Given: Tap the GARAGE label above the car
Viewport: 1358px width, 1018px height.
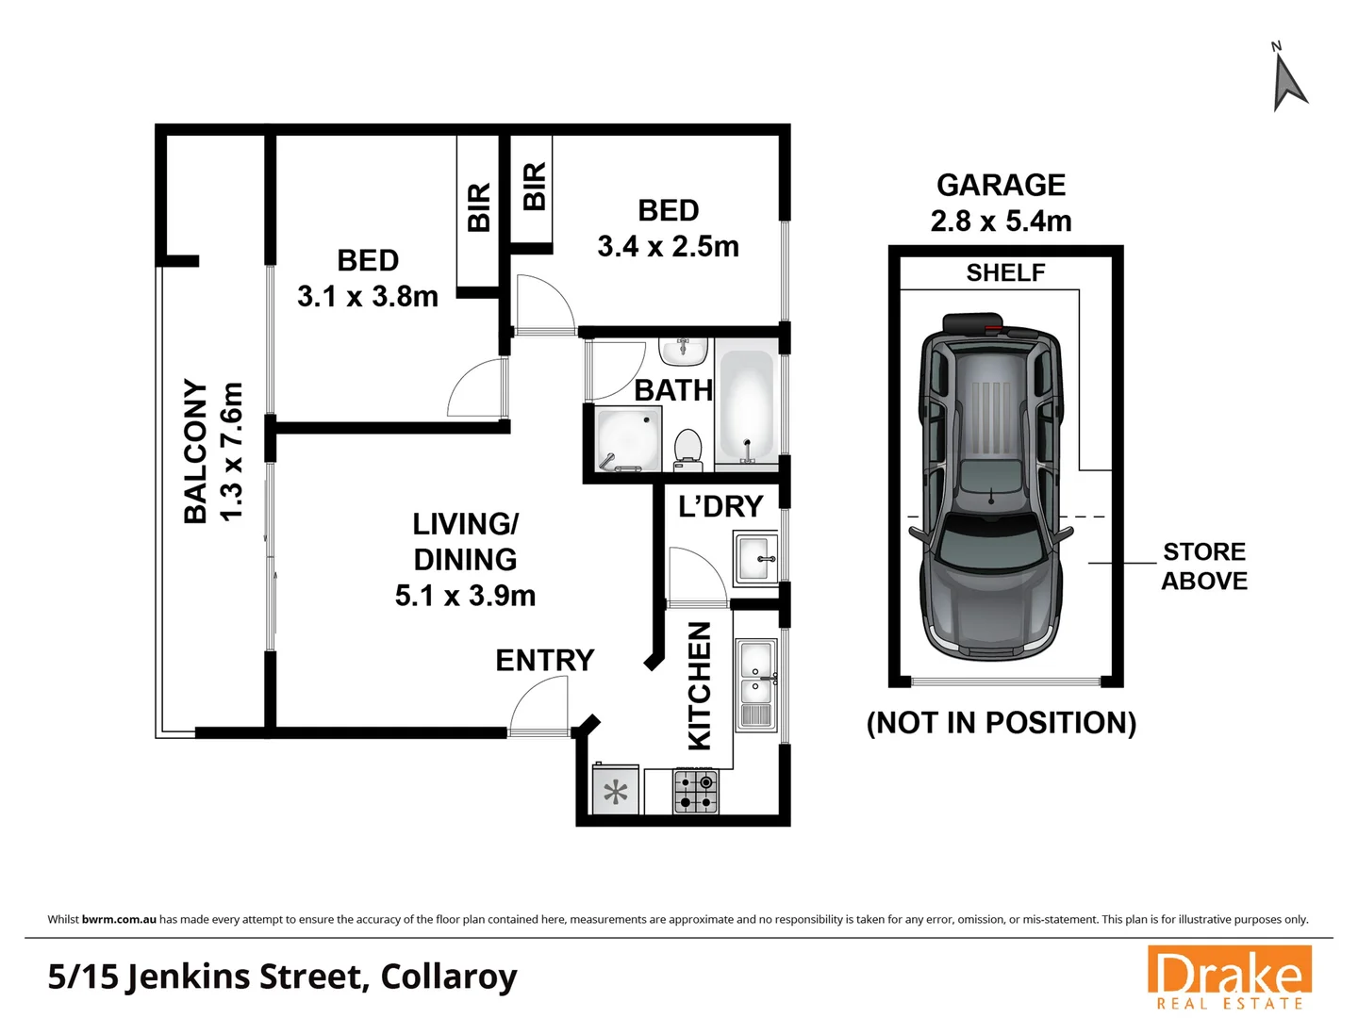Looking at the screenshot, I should tap(1001, 185).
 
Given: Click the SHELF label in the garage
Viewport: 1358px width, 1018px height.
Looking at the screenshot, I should tap(1005, 272).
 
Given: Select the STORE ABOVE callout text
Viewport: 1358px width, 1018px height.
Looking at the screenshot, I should tap(1203, 566).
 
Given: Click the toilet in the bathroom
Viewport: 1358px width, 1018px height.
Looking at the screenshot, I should tap(688, 449).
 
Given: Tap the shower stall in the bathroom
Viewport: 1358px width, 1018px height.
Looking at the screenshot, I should tap(627, 438).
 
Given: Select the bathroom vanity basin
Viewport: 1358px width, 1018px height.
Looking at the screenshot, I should tap(683, 352).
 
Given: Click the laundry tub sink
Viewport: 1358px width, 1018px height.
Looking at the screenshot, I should tap(756, 557).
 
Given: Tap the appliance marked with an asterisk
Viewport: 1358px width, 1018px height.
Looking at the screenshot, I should tap(616, 792).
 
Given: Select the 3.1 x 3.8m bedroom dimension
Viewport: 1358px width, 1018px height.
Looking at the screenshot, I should tap(368, 296).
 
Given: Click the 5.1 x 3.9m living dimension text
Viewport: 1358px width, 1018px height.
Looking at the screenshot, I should tap(465, 596).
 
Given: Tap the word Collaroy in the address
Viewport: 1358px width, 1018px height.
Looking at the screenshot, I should tap(449, 977).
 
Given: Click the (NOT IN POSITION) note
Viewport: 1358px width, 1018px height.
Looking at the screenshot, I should tap(1001, 723).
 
